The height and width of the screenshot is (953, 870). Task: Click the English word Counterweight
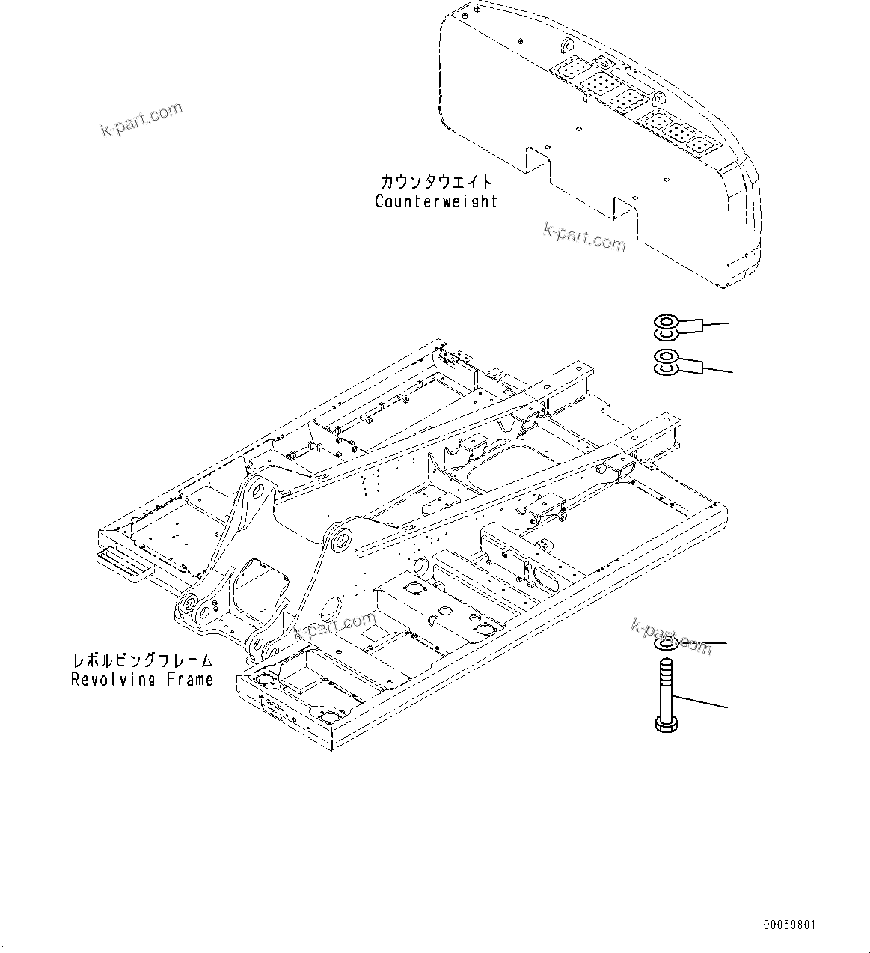tap(436, 201)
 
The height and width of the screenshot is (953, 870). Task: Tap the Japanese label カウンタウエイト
tap(436, 182)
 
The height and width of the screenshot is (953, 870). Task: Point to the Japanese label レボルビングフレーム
tap(142, 661)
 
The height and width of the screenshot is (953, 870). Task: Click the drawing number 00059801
tap(789, 925)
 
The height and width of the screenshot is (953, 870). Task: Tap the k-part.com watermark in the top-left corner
tap(141, 120)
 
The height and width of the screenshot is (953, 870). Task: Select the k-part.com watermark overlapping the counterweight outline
tap(584, 237)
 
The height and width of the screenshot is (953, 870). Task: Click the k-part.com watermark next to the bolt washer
tap(672, 636)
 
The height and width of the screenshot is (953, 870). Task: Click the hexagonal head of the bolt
tap(666, 724)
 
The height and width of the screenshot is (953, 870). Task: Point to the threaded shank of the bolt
tap(666, 685)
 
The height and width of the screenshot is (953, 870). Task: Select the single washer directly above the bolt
tap(666, 644)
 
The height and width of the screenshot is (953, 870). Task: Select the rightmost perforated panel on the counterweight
tap(702, 144)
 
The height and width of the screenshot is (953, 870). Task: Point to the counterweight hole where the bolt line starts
tap(665, 181)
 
